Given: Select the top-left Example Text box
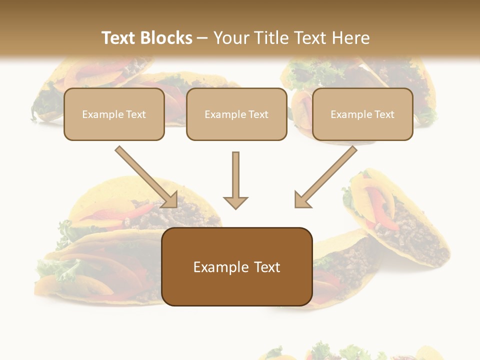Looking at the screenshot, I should (x=114, y=114).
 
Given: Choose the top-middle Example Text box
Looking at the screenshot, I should (x=236, y=114).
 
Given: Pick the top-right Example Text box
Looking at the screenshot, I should (x=362, y=114).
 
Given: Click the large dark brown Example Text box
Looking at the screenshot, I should (x=237, y=266).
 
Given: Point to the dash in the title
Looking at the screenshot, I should (x=202, y=38).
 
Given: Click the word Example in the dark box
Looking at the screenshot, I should (x=218, y=267).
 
